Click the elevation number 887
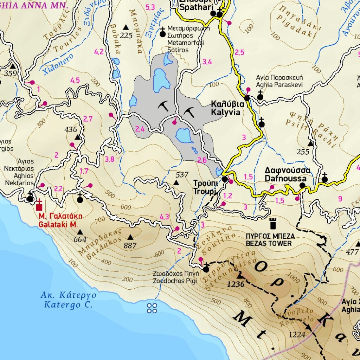tap(130, 246)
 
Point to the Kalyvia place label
tap(225, 108)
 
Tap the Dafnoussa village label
tap(288, 175)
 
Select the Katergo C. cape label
tap(68, 300)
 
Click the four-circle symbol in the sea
tap(152, 308)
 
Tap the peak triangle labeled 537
tap(176, 183)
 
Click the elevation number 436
tap(71, 130)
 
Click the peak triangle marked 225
tap(126, 27)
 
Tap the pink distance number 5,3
tap(150, 7)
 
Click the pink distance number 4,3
tap(165, 217)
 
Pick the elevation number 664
tap(80, 240)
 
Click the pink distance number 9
tap(340, 199)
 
